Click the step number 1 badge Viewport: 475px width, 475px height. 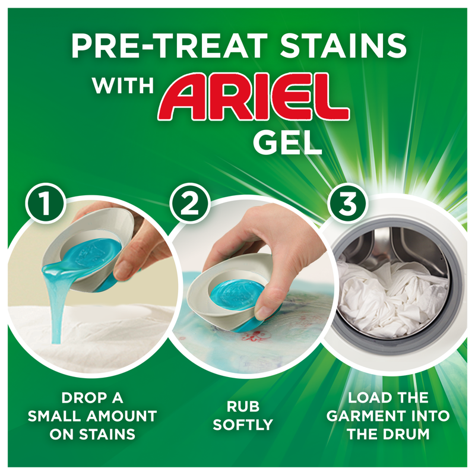tap(42, 204)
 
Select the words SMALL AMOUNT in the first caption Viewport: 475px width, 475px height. tap(91, 415)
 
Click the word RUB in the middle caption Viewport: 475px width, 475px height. tap(242, 407)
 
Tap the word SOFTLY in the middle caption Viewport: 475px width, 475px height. tap(242, 425)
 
